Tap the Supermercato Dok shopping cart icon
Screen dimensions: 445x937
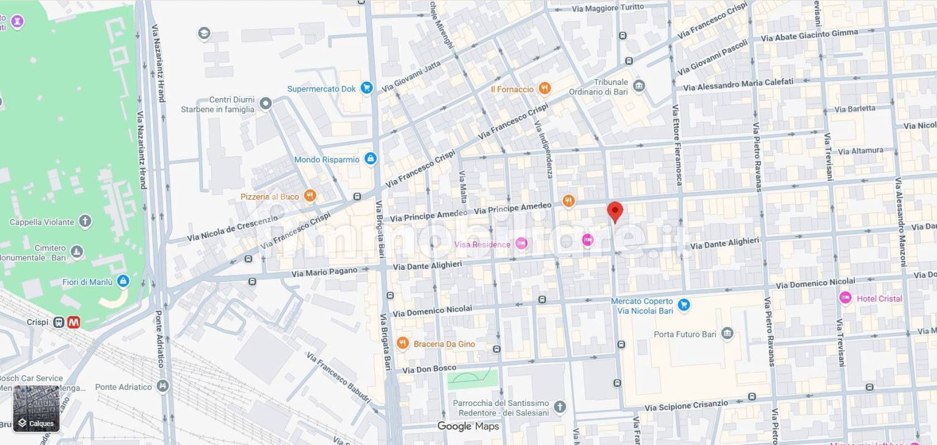[x=366, y=88]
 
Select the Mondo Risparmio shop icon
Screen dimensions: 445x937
[x=370, y=159]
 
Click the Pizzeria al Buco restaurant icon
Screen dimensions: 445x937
[x=310, y=196]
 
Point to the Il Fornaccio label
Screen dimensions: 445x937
[x=511, y=89]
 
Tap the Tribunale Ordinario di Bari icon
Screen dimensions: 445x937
[x=639, y=86]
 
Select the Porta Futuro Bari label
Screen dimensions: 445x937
[x=685, y=335]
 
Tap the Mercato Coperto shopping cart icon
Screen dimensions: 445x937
[x=684, y=305]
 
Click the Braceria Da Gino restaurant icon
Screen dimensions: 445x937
[x=403, y=344]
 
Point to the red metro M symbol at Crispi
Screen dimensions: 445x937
[x=74, y=322]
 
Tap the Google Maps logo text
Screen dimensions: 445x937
[x=468, y=426]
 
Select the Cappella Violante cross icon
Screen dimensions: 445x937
[x=85, y=221]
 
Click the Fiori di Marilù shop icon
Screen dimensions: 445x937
[x=123, y=281]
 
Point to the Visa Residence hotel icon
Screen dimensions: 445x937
[x=521, y=244]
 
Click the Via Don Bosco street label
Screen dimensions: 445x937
[x=429, y=369]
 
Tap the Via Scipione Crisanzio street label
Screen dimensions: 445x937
[x=686, y=406]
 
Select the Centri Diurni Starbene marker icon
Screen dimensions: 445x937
[x=266, y=103]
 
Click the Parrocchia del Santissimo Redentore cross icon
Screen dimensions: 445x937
[x=560, y=407]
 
